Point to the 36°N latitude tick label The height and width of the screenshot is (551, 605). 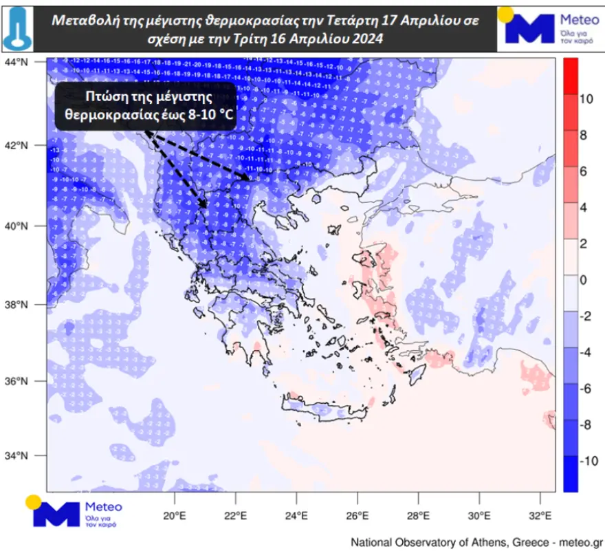click(x=19, y=382)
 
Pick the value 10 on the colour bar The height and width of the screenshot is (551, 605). click(x=586, y=99)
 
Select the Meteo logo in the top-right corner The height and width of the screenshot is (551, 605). click(x=550, y=27)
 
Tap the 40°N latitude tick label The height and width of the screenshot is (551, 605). click(x=19, y=226)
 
